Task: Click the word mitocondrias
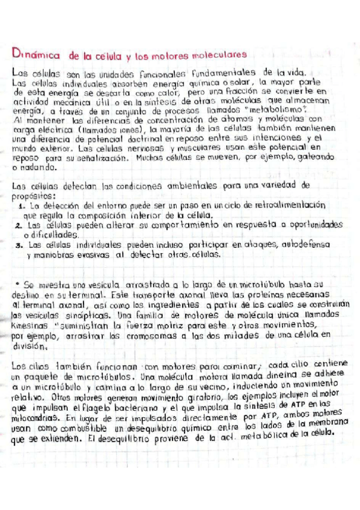coord(37,417)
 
